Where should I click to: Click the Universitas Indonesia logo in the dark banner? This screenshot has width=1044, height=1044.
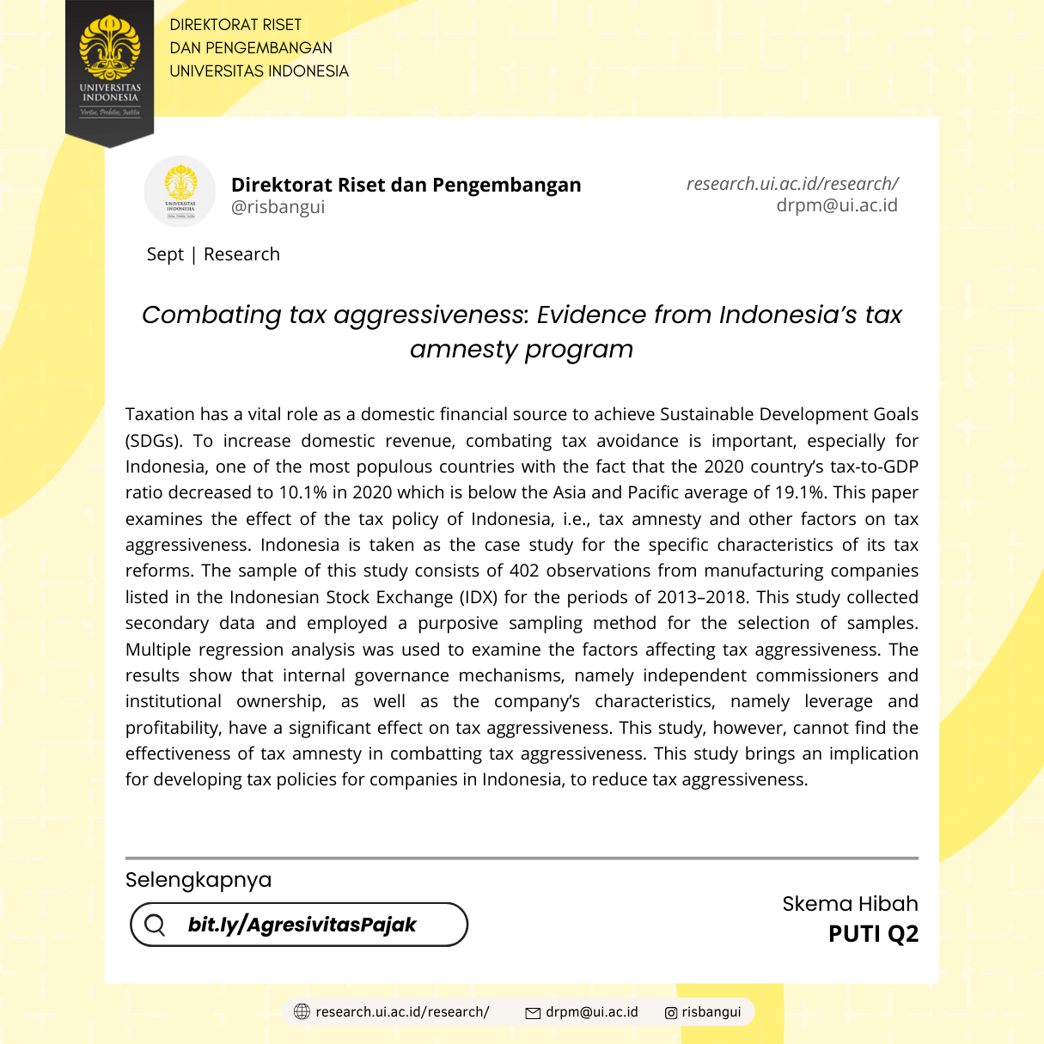(x=109, y=64)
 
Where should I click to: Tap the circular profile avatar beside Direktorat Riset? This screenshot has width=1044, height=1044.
(x=180, y=191)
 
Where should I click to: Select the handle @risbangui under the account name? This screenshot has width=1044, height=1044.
(x=278, y=207)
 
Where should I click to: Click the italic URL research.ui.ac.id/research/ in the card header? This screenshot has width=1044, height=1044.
(x=791, y=184)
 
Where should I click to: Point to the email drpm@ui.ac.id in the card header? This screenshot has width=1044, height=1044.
(x=836, y=205)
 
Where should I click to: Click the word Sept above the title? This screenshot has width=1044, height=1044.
(x=165, y=254)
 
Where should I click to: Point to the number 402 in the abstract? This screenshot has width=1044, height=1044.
(x=524, y=571)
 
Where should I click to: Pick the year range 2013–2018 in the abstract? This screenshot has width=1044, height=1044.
(x=702, y=597)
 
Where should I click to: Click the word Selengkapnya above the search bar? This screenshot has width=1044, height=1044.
(x=198, y=880)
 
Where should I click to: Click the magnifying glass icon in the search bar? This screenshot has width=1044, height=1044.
(x=156, y=925)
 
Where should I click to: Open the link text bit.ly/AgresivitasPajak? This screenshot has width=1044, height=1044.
(x=302, y=925)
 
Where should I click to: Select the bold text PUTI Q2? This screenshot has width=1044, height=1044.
(x=873, y=934)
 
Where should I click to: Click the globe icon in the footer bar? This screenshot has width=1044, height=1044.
(x=302, y=1011)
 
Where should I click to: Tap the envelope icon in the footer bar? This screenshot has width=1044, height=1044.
(x=533, y=1012)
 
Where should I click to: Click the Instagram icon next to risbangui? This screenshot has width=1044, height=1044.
(x=671, y=1012)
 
